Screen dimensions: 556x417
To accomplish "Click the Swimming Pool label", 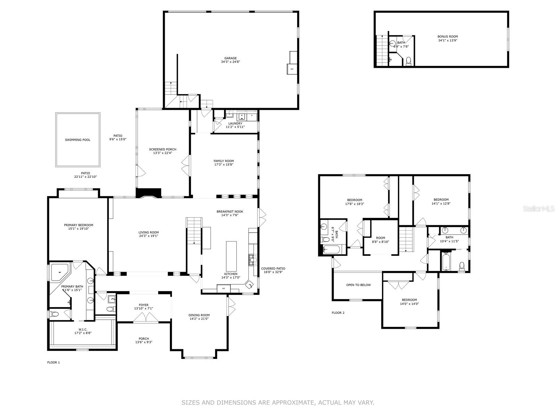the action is [77, 140].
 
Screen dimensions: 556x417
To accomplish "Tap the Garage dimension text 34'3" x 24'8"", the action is [230, 62].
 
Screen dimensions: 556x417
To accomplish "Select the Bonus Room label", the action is [448, 36].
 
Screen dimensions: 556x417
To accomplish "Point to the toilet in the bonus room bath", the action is [408, 61].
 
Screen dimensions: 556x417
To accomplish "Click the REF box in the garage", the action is [292, 69].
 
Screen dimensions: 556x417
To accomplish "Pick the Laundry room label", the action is [235, 124].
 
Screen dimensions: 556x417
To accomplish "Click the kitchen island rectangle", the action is [231, 256].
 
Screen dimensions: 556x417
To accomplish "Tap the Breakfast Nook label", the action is [230, 212].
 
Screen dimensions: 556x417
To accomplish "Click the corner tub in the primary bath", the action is [60, 272].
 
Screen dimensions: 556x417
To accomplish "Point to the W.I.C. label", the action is [83, 329].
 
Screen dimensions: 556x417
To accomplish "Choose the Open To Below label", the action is [358, 285].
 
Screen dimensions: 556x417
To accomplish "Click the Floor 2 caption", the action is [338, 313].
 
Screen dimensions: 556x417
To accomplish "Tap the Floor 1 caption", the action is [54, 362].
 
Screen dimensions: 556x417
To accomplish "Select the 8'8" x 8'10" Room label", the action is [381, 240].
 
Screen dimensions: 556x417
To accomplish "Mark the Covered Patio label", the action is [273, 269].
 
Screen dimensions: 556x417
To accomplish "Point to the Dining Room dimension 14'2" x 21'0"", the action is [199, 319].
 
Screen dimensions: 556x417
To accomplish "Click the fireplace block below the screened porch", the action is [148, 193].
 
